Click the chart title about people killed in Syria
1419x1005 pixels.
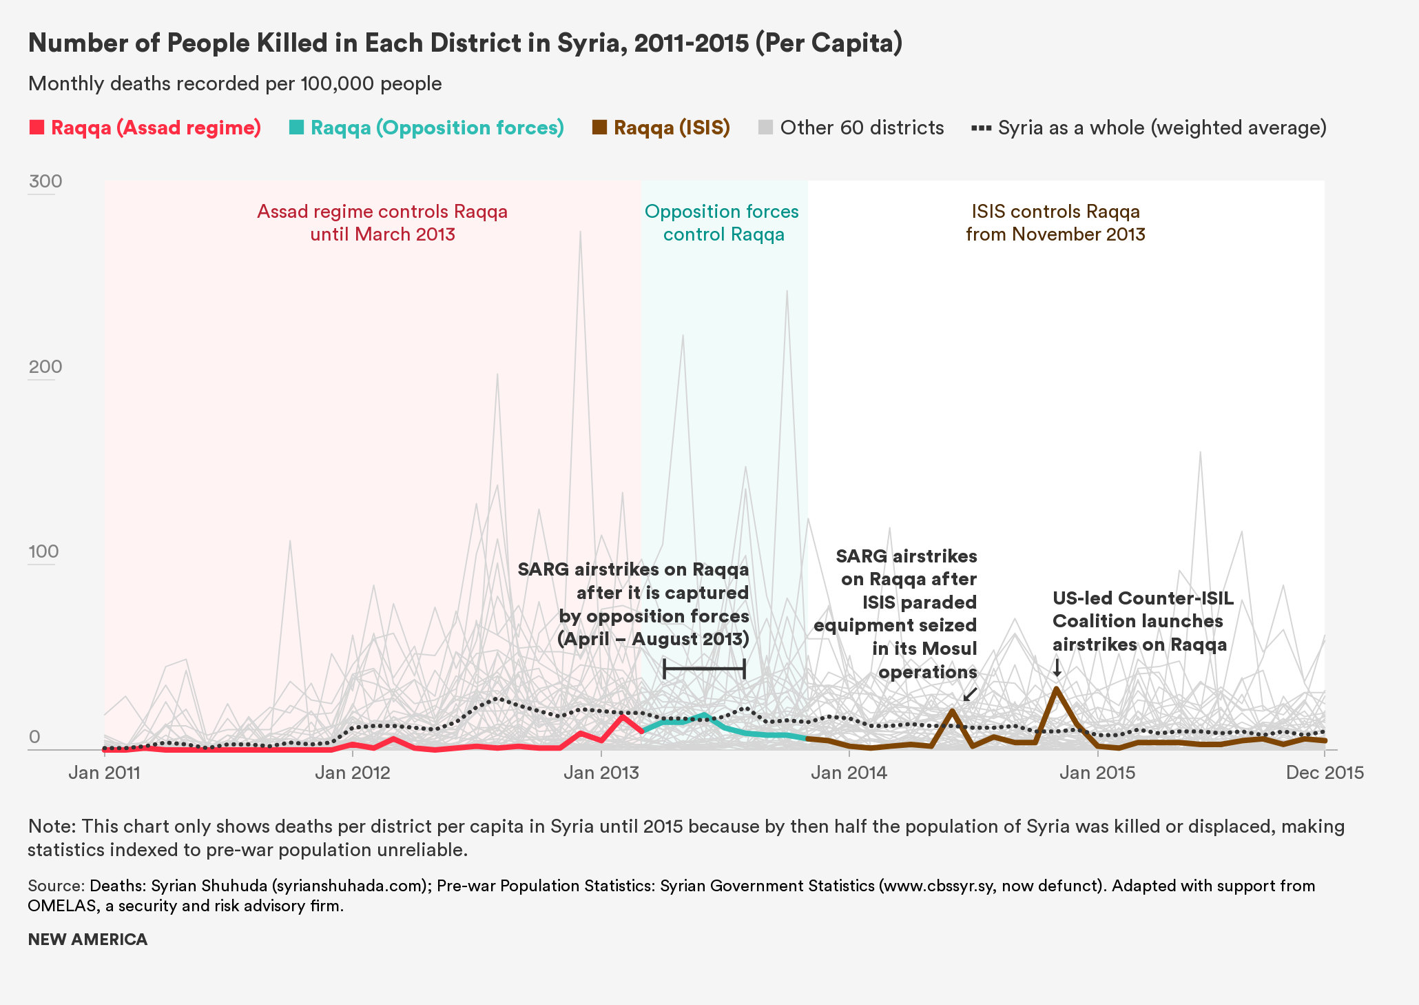click(465, 43)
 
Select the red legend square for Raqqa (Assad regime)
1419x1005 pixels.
click(37, 128)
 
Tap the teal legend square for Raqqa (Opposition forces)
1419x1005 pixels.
click(297, 128)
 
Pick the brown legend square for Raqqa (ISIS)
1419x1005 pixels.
click(600, 128)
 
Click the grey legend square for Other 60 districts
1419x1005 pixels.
click(765, 128)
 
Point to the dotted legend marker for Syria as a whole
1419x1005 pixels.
click(981, 128)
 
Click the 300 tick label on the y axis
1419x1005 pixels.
click(45, 181)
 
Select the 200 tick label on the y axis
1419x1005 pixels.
click(45, 367)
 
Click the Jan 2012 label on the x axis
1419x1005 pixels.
click(353, 772)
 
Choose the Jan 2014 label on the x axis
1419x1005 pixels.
click(849, 772)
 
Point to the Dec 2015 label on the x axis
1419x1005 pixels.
click(1325, 772)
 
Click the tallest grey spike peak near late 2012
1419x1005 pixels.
click(581, 232)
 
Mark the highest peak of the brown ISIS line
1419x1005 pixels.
click(1056, 689)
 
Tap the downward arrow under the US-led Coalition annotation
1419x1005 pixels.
click(1057, 668)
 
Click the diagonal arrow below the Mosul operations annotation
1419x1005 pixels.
click(969, 694)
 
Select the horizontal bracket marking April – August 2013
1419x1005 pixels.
click(704, 669)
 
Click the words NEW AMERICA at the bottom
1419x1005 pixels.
click(87, 940)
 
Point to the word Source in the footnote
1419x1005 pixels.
click(56, 886)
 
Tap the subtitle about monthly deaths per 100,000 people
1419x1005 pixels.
click(235, 84)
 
